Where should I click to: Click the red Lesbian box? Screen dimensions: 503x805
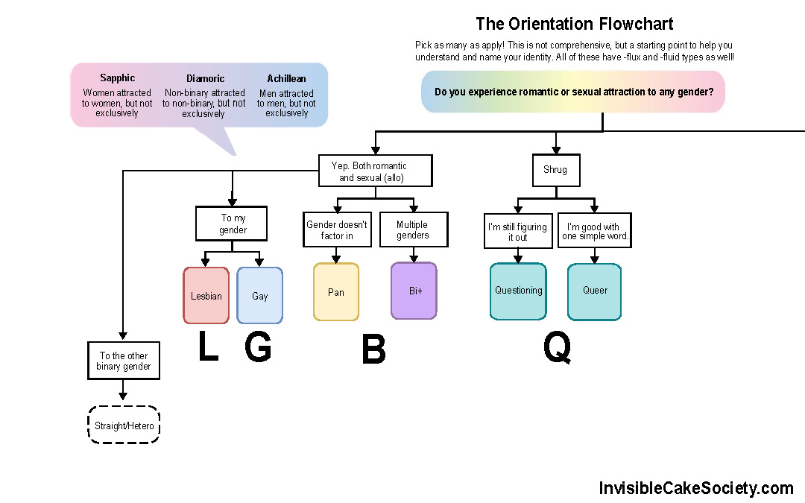pos(206,295)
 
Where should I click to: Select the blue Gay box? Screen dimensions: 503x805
pos(259,295)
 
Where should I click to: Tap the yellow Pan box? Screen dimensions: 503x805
pos(336,291)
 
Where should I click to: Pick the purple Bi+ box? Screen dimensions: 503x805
pos(414,291)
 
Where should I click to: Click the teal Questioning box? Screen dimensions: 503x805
pos(518,291)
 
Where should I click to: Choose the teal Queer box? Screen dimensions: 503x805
pos(594,291)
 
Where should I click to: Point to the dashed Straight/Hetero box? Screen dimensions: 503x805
pos(124,426)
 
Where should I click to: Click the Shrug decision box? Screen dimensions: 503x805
pos(555,170)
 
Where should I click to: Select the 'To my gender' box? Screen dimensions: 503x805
pos(233,224)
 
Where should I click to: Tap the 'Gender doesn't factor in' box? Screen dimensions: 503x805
pos(336,230)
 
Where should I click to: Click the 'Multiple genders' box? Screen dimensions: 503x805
pos(412,230)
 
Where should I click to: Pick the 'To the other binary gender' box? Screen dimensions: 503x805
pos(123,361)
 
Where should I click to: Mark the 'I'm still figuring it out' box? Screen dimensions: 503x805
pos(518,232)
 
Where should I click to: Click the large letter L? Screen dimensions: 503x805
pos(208,347)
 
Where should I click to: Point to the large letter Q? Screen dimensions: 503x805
pos(557,347)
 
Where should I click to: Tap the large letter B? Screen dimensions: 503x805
pos(373,350)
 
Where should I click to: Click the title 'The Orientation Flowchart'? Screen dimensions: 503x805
pos(575,25)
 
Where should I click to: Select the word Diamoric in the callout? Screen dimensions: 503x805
pos(205,78)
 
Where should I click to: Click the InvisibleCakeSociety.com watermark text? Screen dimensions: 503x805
pos(696,488)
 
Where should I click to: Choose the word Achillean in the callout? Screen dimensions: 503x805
pos(286,78)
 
